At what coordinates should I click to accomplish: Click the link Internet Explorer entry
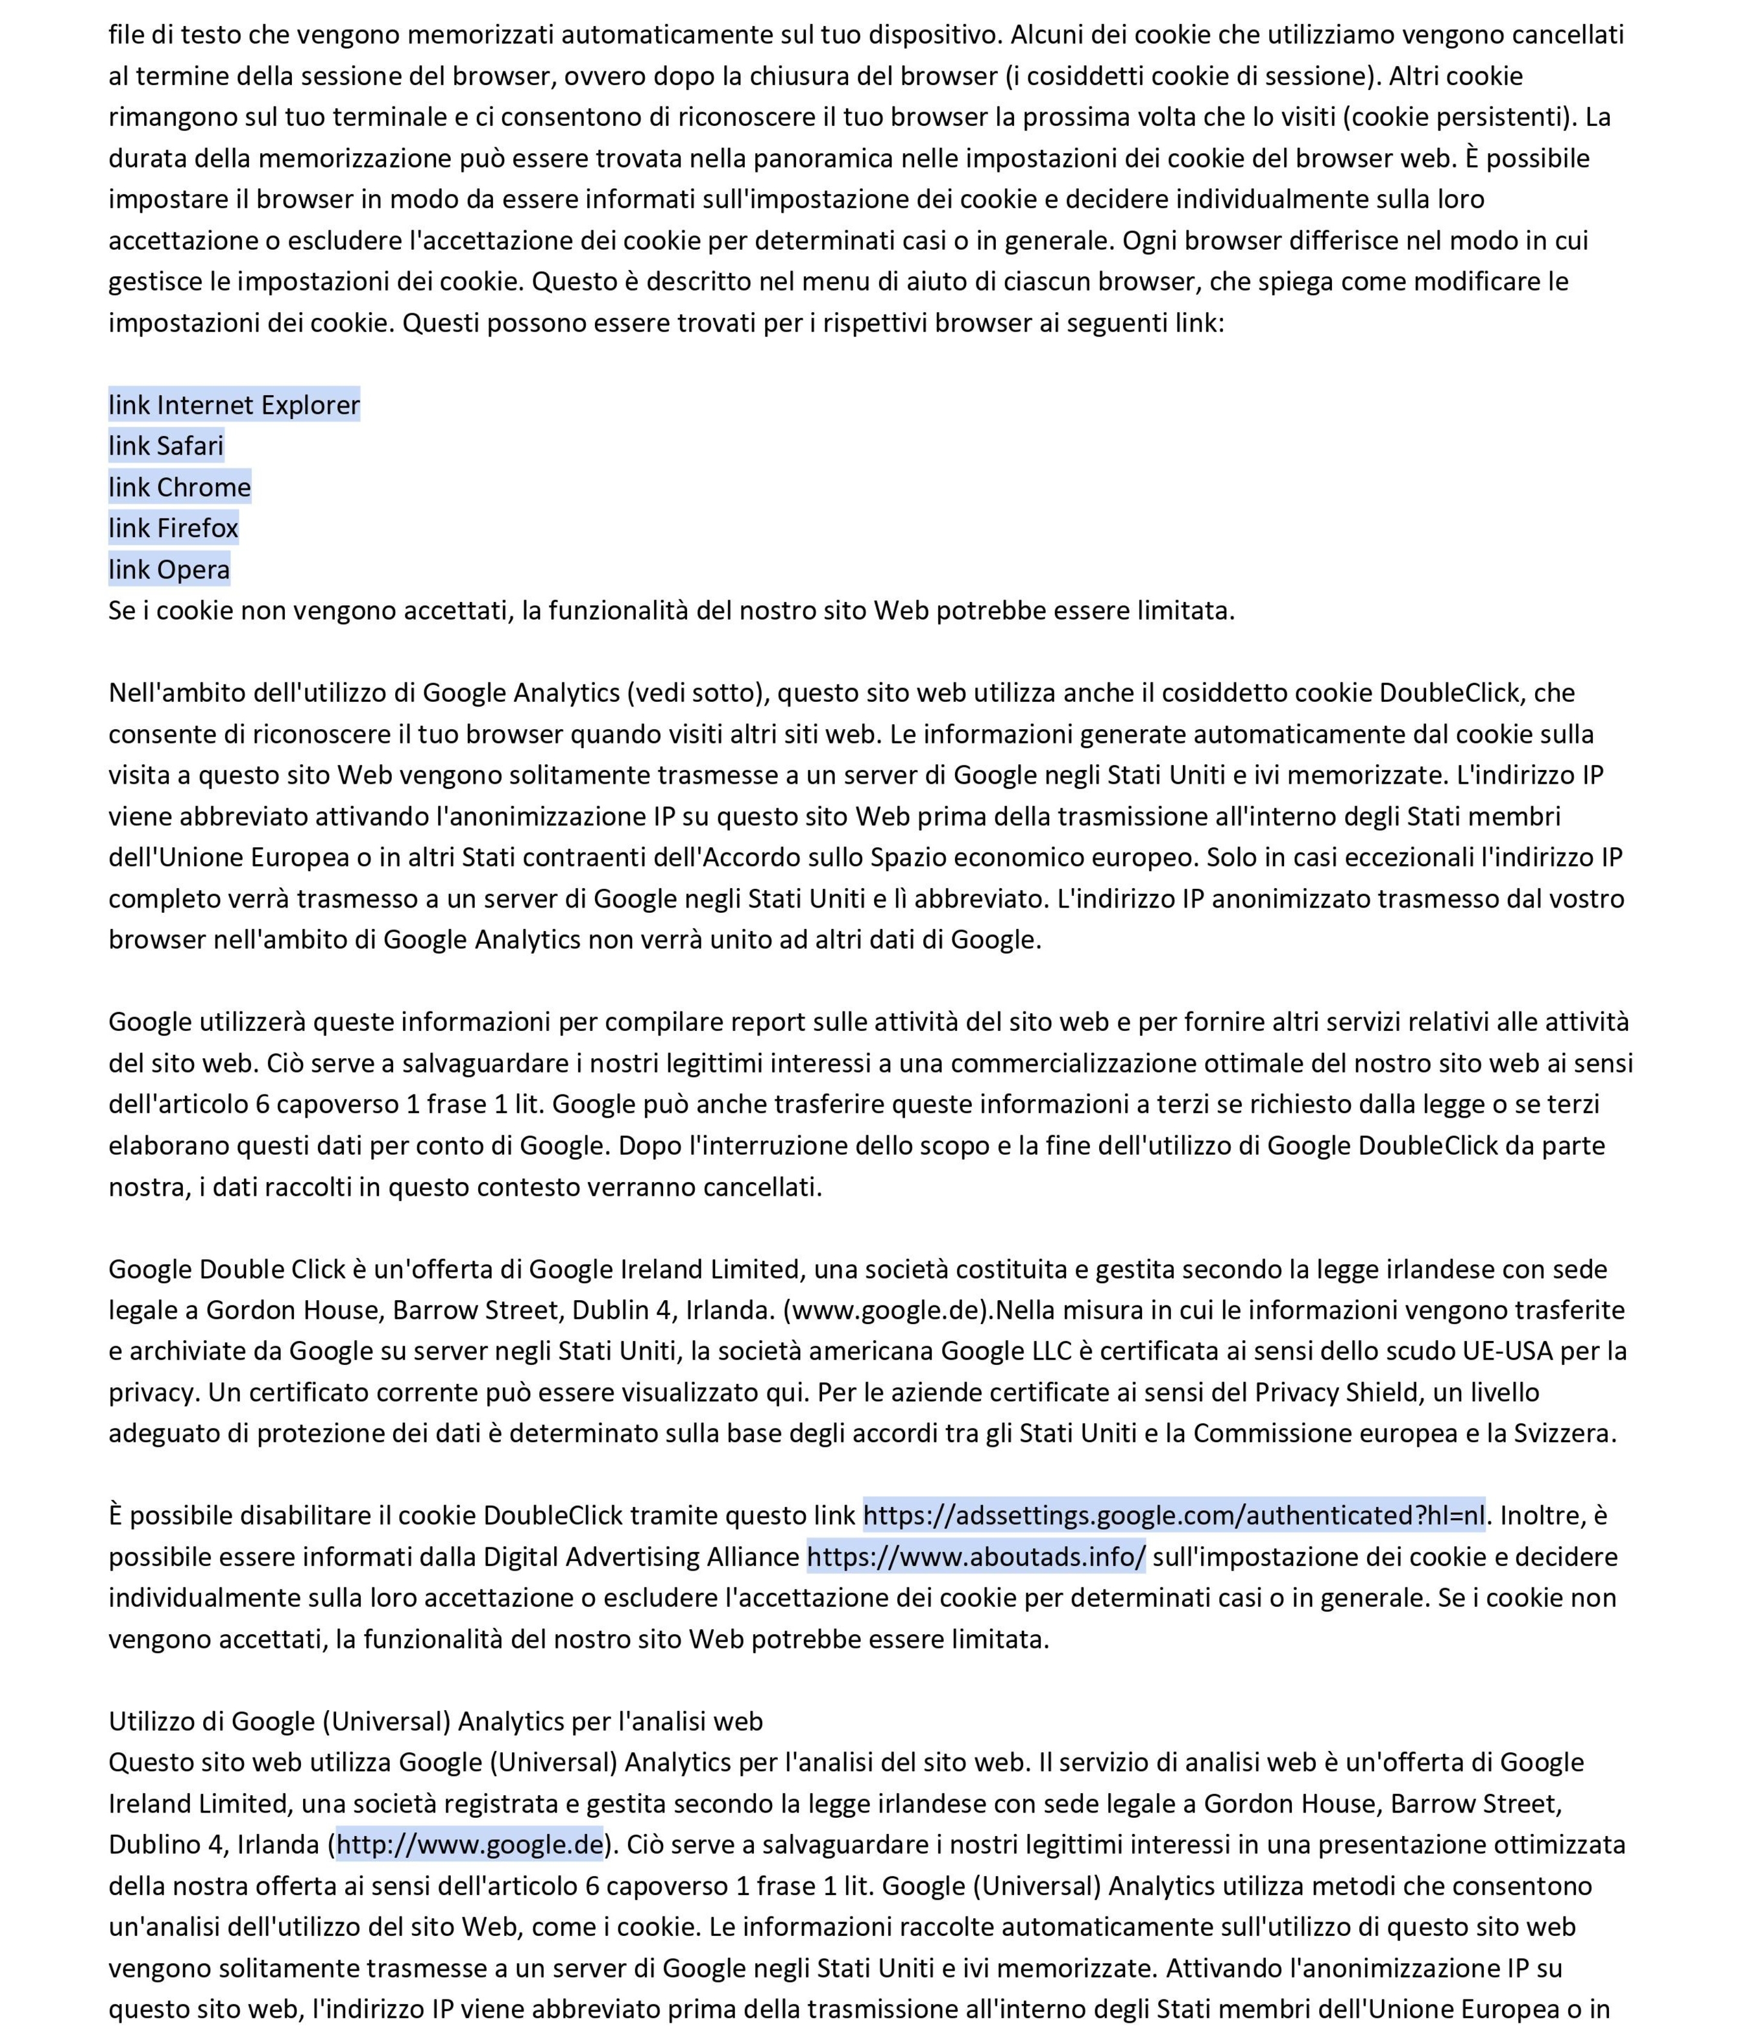[234, 404]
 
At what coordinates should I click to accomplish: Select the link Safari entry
[166, 445]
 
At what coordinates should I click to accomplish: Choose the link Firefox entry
[173, 527]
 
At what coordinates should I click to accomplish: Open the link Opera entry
[169, 569]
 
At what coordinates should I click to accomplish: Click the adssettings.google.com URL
[1174, 1515]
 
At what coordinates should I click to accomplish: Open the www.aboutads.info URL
[976, 1556]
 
